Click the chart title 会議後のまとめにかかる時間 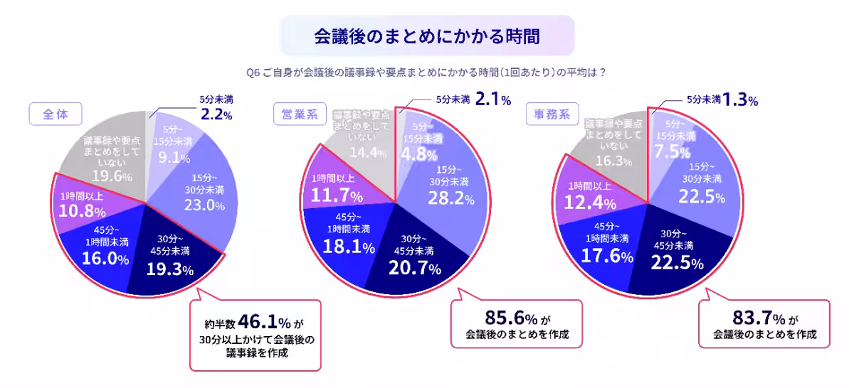click(426, 36)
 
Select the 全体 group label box click(56, 114)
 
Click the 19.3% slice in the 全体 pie click(169, 269)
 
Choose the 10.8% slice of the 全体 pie click(82, 212)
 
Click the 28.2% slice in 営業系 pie click(451, 198)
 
